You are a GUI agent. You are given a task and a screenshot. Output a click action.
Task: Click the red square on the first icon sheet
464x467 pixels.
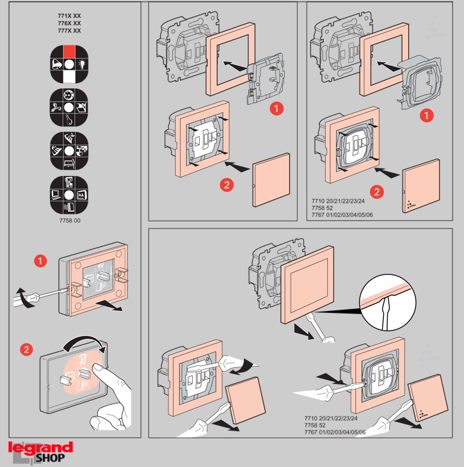pos(70,51)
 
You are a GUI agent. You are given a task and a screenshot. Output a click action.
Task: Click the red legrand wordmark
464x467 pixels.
pos(40,447)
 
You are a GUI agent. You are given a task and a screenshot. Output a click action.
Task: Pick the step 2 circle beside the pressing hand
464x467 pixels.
pos(26,349)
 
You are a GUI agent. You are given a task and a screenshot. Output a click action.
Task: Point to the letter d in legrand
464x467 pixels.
pos(67,447)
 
